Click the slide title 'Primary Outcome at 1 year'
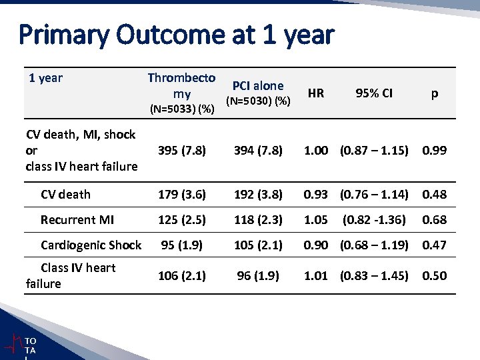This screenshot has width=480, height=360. [x=177, y=35]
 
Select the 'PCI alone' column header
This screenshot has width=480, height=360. [x=257, y=85]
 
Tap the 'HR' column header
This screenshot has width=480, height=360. [x=316, y=93]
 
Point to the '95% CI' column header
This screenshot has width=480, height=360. [x=374, y=93]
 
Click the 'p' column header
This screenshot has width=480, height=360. [x=434, y=93]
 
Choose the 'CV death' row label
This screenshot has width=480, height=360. [x=65, y=195]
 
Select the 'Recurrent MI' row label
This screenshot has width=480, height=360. [x=77, y=219]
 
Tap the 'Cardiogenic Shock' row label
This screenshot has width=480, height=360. [x=91, y=245]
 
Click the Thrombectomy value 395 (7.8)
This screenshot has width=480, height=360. [x=182, y=150]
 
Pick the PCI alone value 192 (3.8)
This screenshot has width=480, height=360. [x=258, y=195]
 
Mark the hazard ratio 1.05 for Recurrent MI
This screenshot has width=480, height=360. [x=316, y=219]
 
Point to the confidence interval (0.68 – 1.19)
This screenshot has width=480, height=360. [x=374, y=245]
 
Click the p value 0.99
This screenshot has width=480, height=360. [x=434, y=150]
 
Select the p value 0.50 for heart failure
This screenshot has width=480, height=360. [x=434, y=275]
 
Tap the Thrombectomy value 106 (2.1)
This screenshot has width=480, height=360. [x=182, y=275]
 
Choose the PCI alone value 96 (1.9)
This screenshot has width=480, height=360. [x=258, y=275]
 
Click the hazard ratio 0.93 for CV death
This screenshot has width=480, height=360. [x=316, y=195]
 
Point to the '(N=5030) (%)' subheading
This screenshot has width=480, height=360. [x=258, y=101]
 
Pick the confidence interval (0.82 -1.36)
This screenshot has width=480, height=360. [x=374, y=219]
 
